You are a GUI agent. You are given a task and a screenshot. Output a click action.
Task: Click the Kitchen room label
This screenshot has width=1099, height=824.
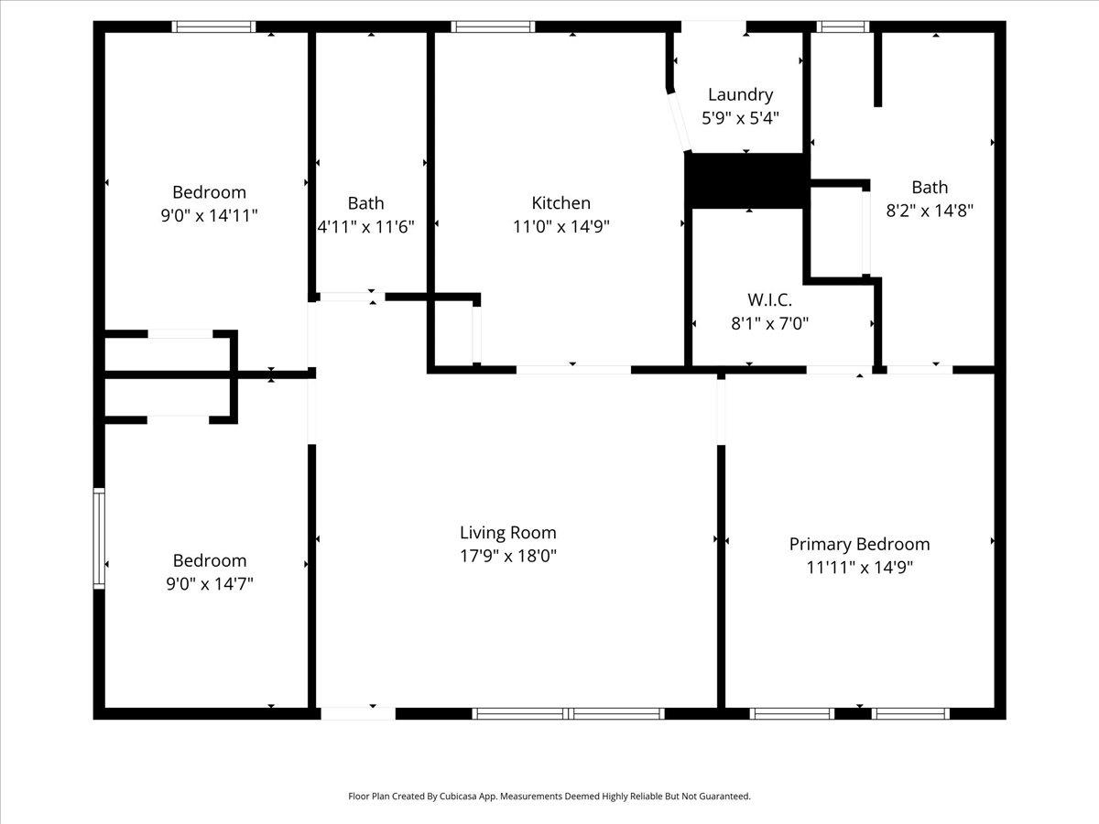(560, 202)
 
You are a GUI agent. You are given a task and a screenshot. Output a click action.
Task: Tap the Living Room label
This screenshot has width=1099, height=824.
(508, 532)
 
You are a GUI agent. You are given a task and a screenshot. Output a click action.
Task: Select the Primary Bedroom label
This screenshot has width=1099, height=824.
(859, 544)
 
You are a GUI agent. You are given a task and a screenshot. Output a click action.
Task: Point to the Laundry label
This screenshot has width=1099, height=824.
(741, 94)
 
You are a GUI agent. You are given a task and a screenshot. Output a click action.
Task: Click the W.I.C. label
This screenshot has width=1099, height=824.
(769, 299)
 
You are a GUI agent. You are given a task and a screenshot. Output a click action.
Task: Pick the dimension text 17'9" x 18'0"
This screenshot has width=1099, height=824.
(508, 556)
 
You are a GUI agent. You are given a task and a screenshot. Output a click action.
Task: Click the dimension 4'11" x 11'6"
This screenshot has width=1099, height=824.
(366, 227)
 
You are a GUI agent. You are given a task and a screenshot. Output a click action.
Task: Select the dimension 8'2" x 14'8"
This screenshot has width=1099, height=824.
(930, 211)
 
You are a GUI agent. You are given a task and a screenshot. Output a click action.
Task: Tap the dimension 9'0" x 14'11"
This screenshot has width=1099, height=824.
(210, 216)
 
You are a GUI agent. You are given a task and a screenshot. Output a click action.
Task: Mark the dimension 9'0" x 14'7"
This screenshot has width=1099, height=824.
(210, 584)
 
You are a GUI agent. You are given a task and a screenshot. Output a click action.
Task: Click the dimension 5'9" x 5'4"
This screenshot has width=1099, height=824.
(741, 119)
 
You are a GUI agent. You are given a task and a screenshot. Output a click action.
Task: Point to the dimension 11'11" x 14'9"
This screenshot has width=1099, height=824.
(859, 568)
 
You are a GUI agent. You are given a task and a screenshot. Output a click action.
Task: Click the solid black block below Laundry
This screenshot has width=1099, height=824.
(747, 180)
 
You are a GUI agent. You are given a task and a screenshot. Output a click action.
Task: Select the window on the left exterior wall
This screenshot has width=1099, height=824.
(99, 538)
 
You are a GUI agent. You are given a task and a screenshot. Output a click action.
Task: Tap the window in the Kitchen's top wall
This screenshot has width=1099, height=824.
(493, 27)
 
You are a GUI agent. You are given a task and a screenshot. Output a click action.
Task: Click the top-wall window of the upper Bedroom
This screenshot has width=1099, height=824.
(213, 27)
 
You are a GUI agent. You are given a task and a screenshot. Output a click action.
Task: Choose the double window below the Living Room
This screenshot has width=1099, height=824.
(569, 713)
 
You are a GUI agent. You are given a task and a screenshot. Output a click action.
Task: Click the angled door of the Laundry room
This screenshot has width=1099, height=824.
(680, 122)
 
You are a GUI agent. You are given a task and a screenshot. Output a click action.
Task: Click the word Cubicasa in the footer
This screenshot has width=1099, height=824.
(461, 796)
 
